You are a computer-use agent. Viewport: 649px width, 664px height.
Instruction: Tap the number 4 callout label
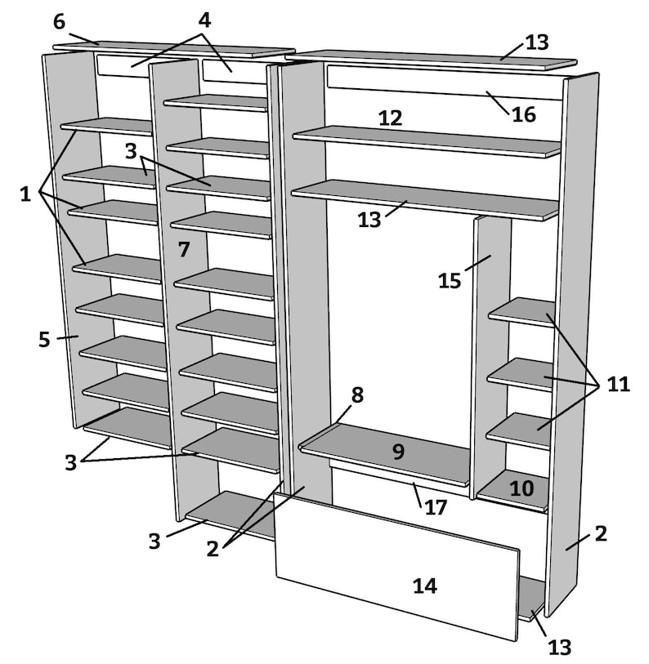(x=204, y=18)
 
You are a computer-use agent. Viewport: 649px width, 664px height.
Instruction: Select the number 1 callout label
(x=25, y=194)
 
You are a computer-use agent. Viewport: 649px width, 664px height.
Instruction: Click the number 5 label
(x=44, y=339)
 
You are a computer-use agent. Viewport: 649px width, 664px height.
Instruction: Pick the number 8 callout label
(x=356, y=395)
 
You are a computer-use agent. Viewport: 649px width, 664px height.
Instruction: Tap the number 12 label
(x=390, y=118)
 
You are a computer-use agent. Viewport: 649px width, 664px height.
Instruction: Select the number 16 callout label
(x=524, y=114)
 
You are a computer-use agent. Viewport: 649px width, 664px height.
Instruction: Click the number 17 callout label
(x=436, y=507)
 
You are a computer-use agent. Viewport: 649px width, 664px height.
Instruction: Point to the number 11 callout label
(x=618, y=384)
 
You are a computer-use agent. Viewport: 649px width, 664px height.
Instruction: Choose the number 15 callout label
(x=450, y=280)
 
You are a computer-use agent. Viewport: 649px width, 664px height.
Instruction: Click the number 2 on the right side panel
(x=601, y=534)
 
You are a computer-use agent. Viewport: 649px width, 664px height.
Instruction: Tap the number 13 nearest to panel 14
(x=559, y=647)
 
